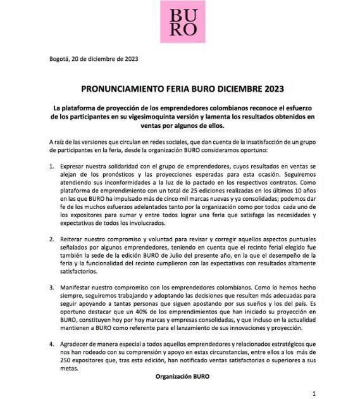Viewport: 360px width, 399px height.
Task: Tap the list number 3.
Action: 51,288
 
